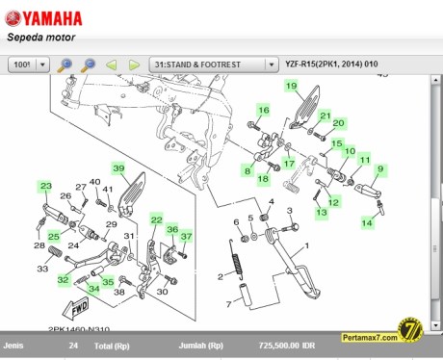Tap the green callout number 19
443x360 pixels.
click(290, 86)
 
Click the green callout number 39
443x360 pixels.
click(119, 168)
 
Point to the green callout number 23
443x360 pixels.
click(45, 185)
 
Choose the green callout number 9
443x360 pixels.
click(380, 169)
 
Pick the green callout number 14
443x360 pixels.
click(367, 221)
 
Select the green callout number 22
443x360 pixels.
click(156, 220)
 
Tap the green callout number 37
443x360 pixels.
click(187, 236)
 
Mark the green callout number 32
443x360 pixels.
click(63, 279)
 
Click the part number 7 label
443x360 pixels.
click(230, 303)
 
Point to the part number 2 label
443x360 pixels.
click(220, 277)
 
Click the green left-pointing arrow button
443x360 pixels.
click(112, 64)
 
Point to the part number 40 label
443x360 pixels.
click(94, 182)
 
